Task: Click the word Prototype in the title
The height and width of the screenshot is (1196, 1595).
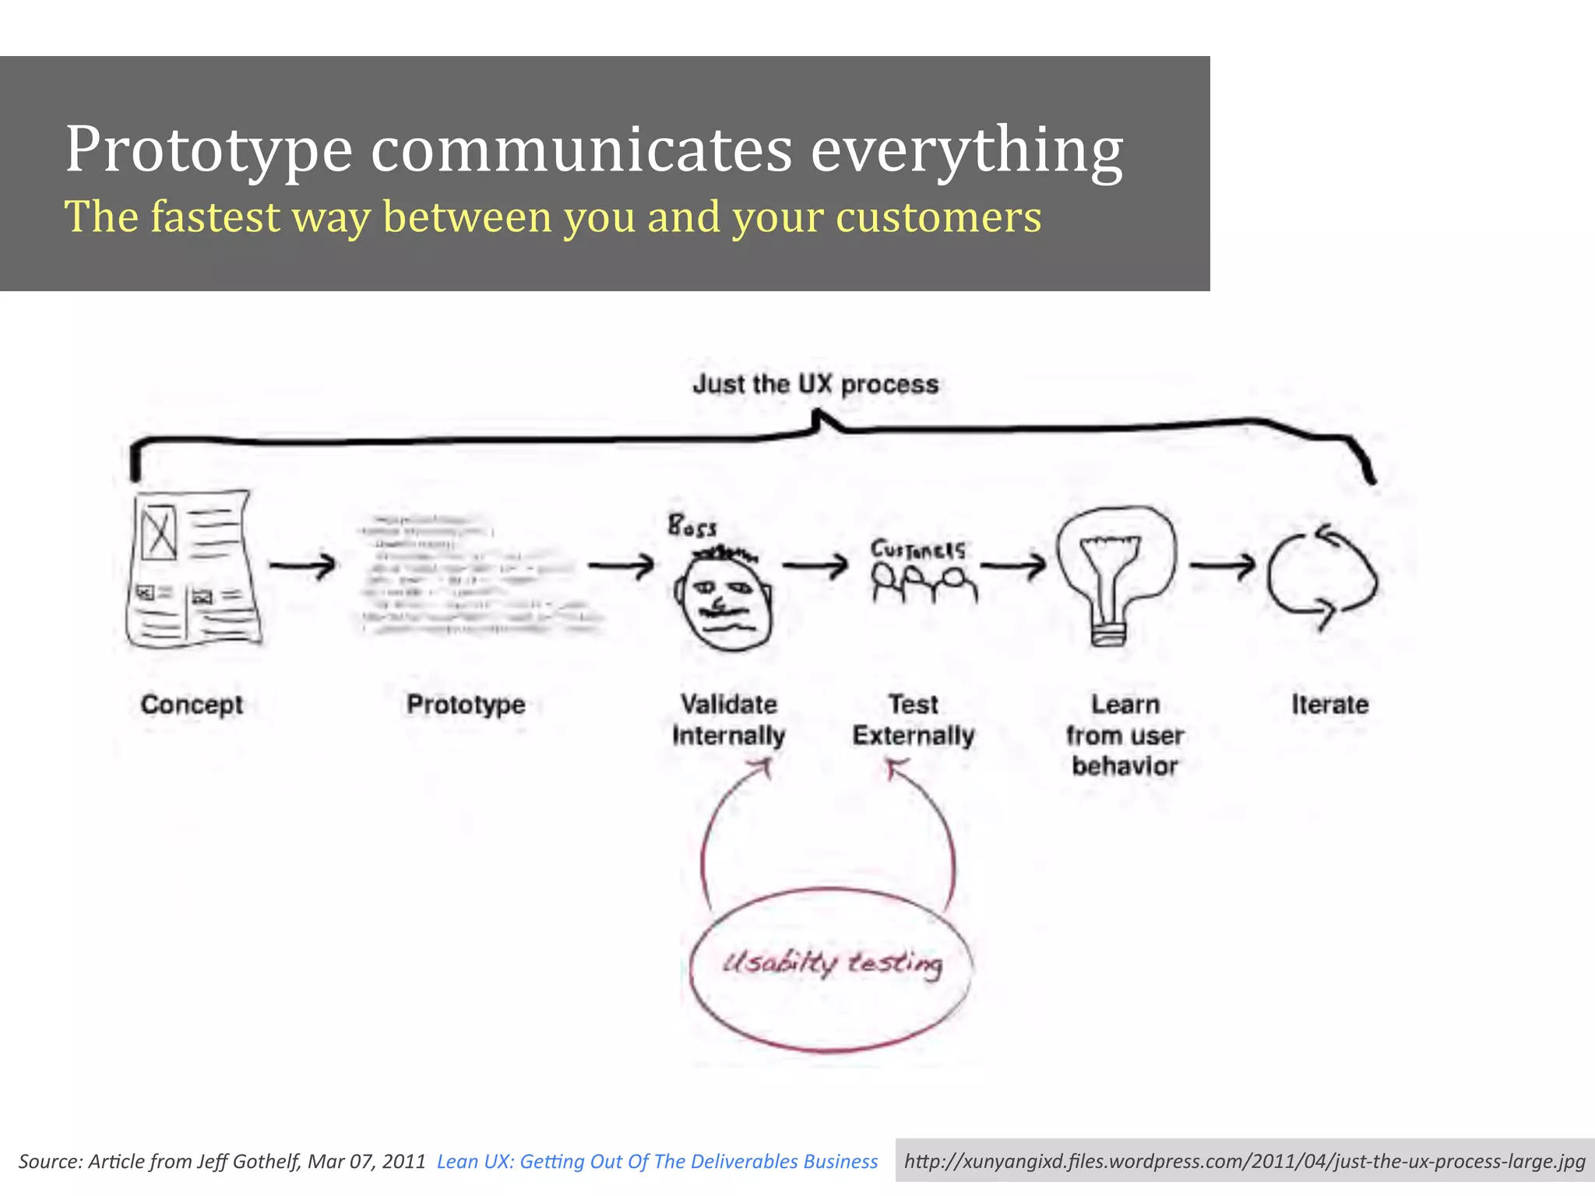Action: point(209,149)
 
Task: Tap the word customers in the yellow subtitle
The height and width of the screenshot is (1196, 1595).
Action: point(938,217)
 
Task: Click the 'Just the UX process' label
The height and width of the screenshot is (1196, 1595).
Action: point(815,384)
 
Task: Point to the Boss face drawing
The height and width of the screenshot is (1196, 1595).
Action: point(724,600)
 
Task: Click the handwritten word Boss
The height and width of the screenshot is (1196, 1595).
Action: point(692,527)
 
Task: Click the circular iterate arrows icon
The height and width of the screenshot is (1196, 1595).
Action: point(1322,578)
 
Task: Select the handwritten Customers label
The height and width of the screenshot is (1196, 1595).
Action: point(917,550)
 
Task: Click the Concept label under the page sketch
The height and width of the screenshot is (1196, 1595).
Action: point(192,705)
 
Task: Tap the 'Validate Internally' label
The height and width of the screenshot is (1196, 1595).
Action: point(728,720)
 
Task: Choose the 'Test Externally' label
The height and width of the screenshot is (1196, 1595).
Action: point(913,720)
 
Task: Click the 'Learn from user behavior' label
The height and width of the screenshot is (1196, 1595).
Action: point(1125,735)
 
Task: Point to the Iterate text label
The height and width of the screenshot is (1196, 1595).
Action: point(1329,705)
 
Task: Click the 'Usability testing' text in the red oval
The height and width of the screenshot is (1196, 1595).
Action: point(832,964)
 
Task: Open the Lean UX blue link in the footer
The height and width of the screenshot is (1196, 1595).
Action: point(657,1162)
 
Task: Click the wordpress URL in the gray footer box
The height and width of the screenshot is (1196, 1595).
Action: point(1244,1162)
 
